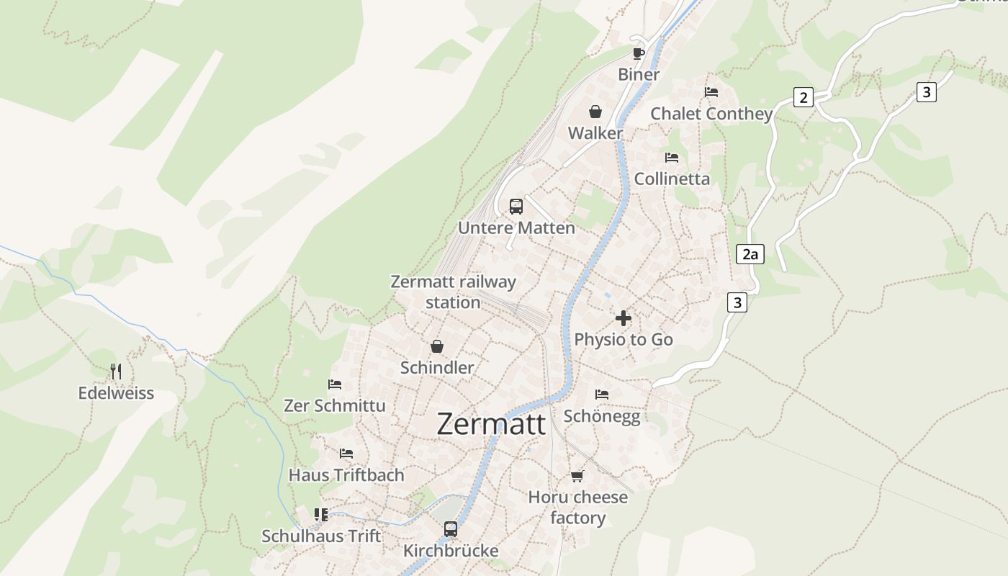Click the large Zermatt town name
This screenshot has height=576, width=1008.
[491, 424]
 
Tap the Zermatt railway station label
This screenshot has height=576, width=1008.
[453, 292]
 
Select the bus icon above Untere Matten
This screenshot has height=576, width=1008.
[516, 207]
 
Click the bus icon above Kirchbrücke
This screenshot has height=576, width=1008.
[451, 529]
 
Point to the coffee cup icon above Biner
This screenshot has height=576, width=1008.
[638, 53]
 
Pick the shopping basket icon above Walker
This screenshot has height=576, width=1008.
[595, 112]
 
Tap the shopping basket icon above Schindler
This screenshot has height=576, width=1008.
[437, 346]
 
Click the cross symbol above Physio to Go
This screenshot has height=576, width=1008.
[624, 318]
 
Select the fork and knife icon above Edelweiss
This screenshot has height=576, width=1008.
[116, 372]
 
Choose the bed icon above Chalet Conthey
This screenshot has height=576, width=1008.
[711, 92]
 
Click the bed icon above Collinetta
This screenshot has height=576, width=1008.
[672, 157]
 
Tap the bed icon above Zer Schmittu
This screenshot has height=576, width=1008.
[335, 384]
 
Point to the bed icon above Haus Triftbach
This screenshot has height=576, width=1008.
[346, 454]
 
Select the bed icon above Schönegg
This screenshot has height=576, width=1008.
[602, 395]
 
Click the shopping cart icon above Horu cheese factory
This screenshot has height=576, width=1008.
[577, 476]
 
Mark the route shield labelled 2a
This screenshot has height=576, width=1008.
[750, 253]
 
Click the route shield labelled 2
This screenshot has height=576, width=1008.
[804, 97]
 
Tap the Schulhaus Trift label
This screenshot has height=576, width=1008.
[321, 536]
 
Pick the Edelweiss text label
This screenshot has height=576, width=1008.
[116, 393]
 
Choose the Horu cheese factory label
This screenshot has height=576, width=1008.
[577, 508]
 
